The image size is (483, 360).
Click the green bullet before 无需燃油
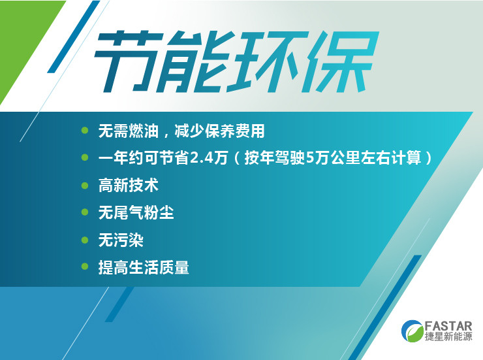85,131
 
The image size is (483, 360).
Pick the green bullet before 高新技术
85,186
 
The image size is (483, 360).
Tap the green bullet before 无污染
85,240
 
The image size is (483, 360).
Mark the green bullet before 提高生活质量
85,267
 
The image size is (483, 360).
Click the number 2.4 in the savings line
201,158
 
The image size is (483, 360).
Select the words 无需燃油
128,131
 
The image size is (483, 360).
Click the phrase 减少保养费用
219,131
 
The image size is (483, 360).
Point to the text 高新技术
128,186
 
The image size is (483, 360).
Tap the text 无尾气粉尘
136,213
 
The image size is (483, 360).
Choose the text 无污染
121,240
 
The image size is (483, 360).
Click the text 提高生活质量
144,267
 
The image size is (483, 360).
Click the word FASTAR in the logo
448,326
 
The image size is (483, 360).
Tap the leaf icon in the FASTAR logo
413,331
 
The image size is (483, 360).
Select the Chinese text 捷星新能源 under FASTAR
448,336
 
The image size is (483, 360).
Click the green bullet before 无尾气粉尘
85,212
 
